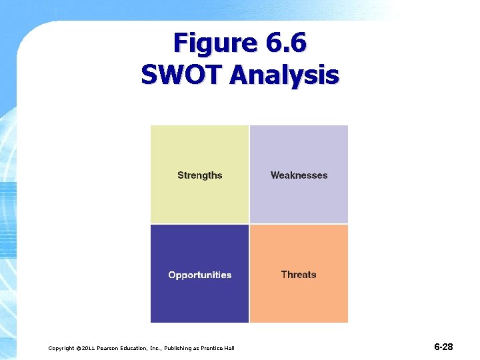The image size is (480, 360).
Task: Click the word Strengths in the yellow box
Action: coord(199,175)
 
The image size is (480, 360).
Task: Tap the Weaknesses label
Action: coord(299,175)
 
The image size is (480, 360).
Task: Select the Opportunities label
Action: coord(199,275)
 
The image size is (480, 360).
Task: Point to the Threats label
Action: coord(299,275)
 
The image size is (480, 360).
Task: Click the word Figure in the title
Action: coord(215,43)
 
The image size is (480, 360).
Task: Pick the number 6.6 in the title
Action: coord(286,43)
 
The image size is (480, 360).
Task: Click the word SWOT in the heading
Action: coord(180,75)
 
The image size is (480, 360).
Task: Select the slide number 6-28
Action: coord(443,347)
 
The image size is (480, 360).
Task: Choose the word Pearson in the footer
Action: coord(110,348)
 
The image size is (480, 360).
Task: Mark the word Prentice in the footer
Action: coord(213,348)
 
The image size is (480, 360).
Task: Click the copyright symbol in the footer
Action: coord(77,348)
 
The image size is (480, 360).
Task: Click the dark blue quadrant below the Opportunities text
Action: coord(199,303)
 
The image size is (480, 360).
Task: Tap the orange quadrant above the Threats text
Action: coord(299,247)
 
